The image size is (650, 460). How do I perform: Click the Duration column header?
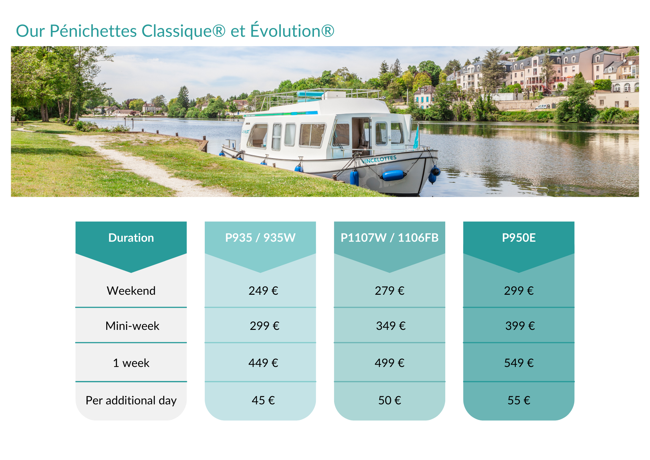coord(131,238)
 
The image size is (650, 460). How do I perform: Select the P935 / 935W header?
coord(260,238)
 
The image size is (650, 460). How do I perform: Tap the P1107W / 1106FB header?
coord(389,238)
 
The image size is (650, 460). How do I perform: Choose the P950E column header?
coord(519,238)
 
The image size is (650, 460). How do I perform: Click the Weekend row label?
coord(131,291)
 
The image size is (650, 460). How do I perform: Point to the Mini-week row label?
coord(132,326)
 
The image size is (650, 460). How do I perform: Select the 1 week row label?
coord(131,363)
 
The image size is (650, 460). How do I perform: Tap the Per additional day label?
coord(131,400)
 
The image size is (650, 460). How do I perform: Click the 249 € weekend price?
coord(263,291)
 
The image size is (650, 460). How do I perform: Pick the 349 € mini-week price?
coord(391,326)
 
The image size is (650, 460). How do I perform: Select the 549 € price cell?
coord(519,363)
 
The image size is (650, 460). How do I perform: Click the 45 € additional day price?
coord(263,400)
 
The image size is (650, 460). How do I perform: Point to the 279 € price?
coord(389,291)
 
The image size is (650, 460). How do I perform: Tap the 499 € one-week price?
coord(389,363)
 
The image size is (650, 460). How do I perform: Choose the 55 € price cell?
coord(519,400)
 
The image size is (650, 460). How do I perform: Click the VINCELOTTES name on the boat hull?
coord(379,159)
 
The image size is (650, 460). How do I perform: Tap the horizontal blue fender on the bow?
coord(394,175)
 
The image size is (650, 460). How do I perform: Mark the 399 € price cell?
coord(520,326)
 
